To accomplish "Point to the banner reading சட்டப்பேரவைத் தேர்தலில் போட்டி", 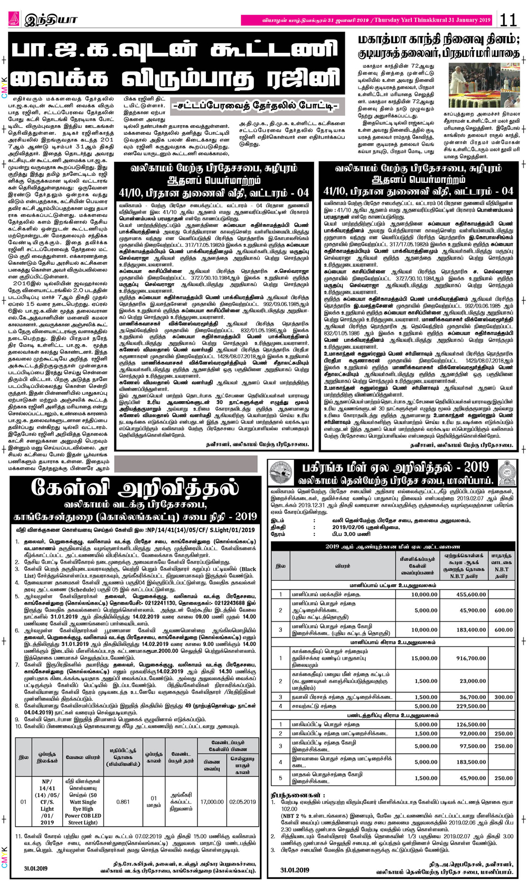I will (255, 106).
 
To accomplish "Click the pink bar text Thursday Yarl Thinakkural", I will (432, 20).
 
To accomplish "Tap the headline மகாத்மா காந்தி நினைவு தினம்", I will (438, 40).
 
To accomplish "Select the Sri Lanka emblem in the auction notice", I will (507, 473).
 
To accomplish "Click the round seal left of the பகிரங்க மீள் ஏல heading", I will (281, 473).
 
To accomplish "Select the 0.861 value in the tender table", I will (122, 802).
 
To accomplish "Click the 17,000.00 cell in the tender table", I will (212, 802).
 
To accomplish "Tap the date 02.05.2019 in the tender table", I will (242, 802).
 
